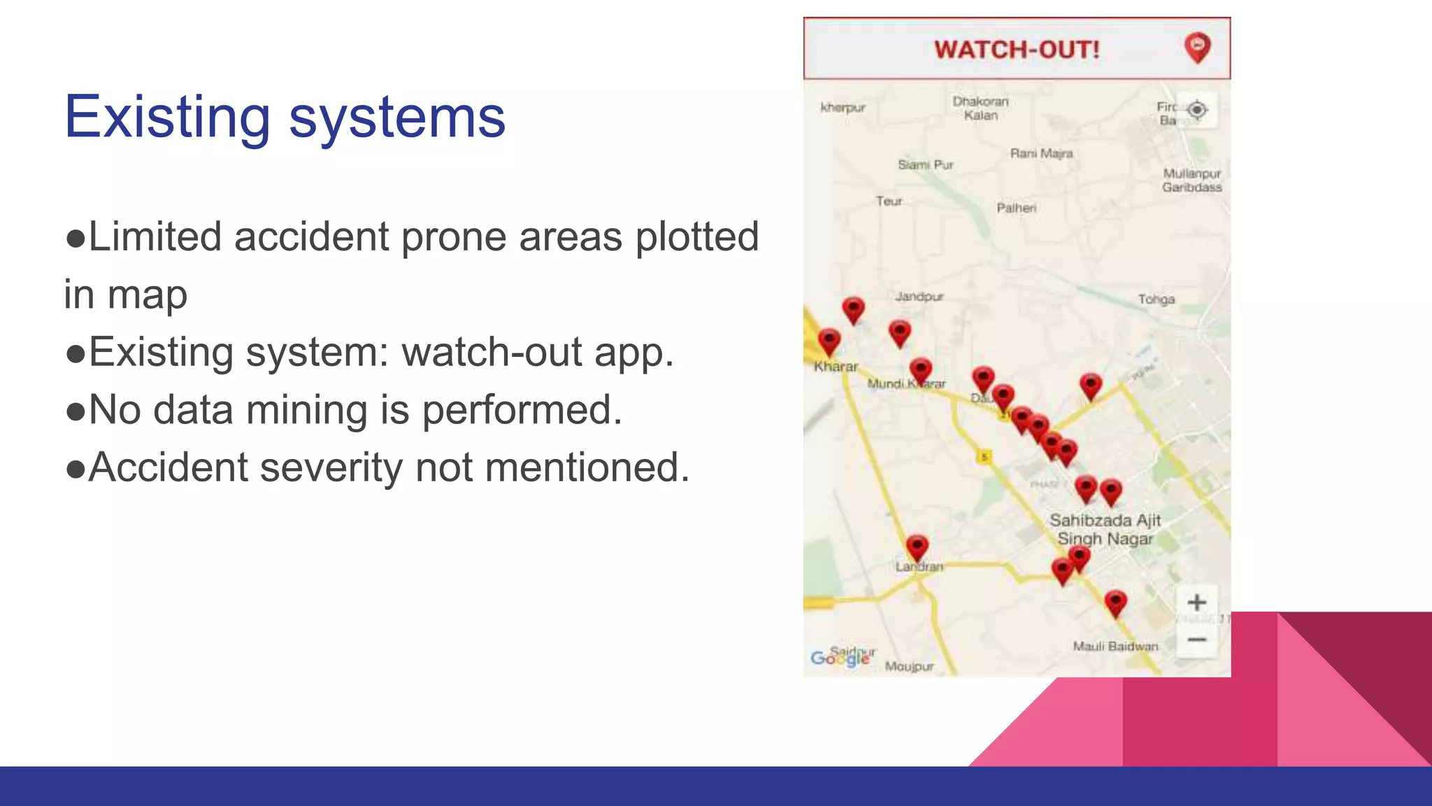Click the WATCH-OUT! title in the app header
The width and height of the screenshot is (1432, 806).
1017,50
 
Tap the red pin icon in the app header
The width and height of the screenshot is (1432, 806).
1197,48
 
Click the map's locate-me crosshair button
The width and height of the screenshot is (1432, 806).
1197,110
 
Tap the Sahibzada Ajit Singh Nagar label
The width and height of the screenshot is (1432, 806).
1105,530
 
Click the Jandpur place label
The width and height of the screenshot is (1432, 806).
919,297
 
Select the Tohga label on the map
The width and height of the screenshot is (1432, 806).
1156,299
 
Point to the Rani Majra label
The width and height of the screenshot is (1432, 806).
1041,153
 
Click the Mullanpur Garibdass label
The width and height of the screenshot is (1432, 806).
1192,181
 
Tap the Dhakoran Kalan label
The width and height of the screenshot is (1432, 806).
980,108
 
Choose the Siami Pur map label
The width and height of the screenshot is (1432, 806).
926,165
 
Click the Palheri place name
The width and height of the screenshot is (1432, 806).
1016,208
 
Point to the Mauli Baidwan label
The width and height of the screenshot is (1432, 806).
1115,646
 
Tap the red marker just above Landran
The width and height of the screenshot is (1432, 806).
917,547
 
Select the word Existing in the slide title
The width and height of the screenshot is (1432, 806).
167,117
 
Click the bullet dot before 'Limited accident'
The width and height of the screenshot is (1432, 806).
75,239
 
